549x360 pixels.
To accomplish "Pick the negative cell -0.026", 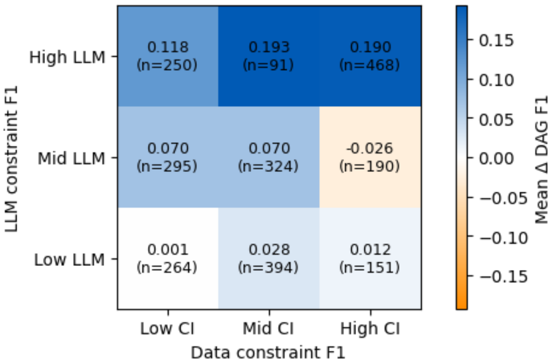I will click(370, 149).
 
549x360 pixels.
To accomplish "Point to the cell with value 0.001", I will click(167, 251).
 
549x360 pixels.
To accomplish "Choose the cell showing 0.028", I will click(268, 251).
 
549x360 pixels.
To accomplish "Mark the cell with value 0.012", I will click(370, 251).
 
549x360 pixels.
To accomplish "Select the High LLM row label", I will click(68, 57).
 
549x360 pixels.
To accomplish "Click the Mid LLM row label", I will click(72, 157).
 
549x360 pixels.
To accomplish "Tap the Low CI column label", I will click(167, 329).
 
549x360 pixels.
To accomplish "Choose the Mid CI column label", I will click(268, 329).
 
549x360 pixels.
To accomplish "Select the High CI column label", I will click(370, 329).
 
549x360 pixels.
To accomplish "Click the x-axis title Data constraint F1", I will click(268, 350).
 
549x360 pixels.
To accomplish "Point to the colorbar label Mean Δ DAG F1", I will click(541, 157).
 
